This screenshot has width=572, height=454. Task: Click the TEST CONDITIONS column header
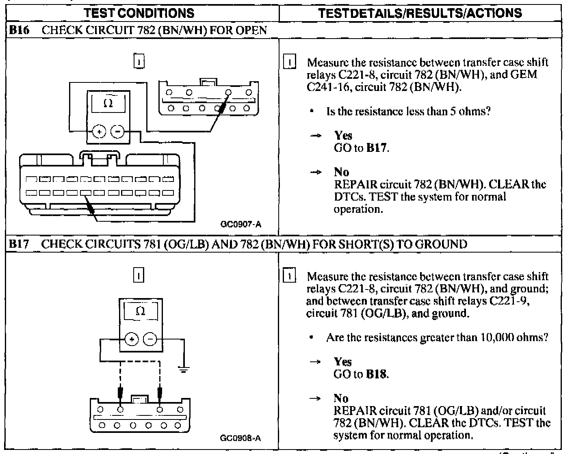click(x=139, y=13)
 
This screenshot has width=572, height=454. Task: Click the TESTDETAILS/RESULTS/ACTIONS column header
click(x=420, y=13)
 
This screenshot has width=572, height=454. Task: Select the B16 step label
click(x=19, y=30)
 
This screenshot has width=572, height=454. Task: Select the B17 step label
click(x=19, y=244)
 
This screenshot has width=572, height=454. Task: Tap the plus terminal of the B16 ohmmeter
click(x=99, y=132)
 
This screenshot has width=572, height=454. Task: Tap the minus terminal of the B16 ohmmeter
click(x=117, y=132)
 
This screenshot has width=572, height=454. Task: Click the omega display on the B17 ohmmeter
click(x=140, y=311)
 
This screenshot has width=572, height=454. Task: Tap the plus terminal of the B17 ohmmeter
click(x=131, y=339)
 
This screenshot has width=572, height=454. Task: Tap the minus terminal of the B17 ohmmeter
click(x=150, y=339)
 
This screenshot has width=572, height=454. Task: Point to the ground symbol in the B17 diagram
click(x=184, y=370)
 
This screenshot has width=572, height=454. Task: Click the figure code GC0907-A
click(x=241, y=224)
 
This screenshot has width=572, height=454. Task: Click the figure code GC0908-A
click(x=240, y=438)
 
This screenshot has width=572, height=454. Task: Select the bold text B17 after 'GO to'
click(x=377, y=148)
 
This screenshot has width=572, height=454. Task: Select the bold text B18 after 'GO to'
click(x=377, y=374)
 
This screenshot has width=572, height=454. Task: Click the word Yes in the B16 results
click(x=343, y=136)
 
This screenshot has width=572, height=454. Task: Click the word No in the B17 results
click(x=341, y=398)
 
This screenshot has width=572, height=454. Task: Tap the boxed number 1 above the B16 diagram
click(x=139, y=62)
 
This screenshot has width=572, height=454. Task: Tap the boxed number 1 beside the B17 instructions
click(x=289, y=276)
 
